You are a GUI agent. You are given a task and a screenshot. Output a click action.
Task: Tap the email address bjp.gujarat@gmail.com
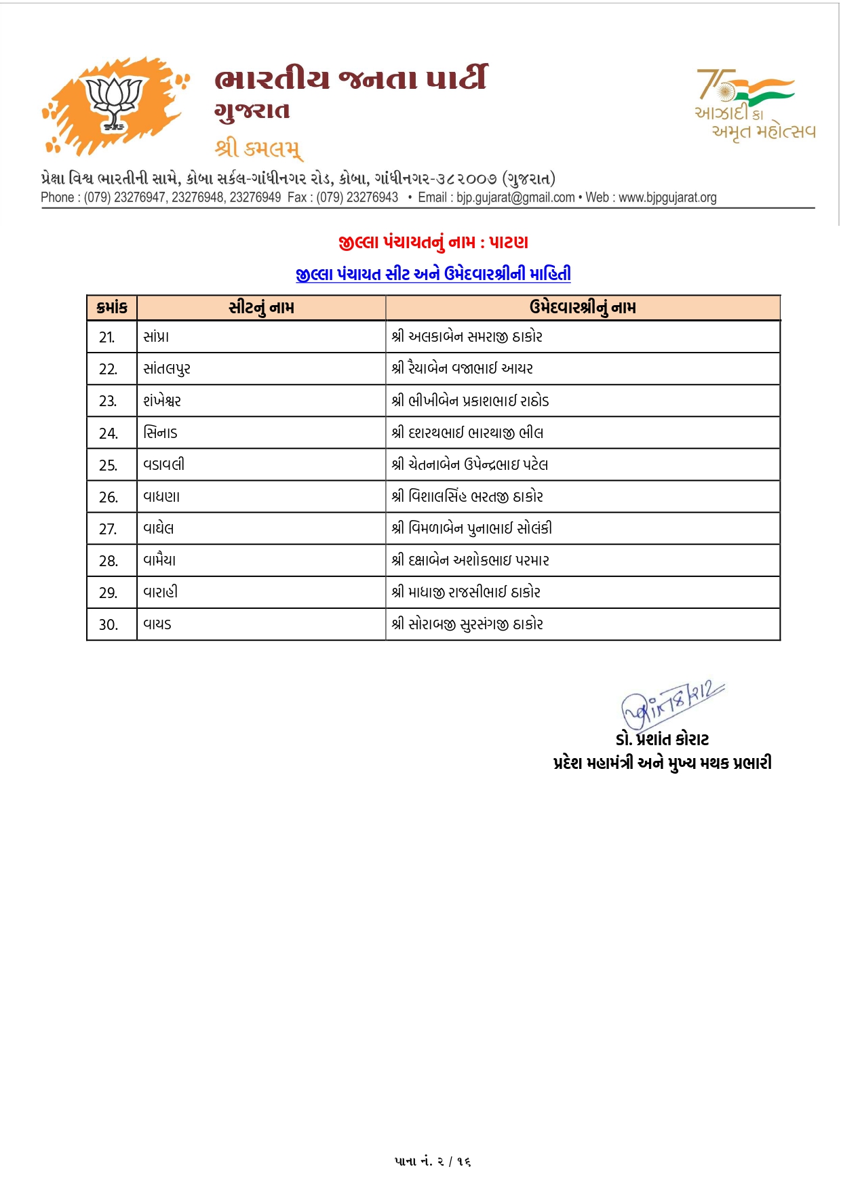tap(515, 197)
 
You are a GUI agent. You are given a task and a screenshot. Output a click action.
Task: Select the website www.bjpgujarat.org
tap(667, 197)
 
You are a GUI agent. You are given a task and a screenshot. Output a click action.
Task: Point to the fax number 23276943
tap(372, 197)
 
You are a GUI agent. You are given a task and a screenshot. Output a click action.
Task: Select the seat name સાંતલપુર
tap(167, 369)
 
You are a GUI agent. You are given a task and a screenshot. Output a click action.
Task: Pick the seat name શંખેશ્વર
tap(162, 401)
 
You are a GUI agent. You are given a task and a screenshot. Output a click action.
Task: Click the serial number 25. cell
tap(108, 465)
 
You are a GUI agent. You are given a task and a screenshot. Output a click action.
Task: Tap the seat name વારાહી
tap(161, 592)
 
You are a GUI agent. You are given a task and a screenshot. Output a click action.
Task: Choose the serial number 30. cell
tap(109, 624)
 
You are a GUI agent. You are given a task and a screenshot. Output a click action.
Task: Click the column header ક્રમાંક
tap(112, 307)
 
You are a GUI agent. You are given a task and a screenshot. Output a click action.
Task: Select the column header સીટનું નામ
tap(261, 307)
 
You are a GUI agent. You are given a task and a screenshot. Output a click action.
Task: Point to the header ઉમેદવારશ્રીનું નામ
tap(583, 307)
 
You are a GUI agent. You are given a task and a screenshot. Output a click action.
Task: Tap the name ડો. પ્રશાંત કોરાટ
tap(662, 739)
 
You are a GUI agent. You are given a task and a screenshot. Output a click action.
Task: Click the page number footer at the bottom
tap(433, 1162)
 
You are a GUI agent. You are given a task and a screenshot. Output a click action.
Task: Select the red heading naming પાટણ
tap(433, 242)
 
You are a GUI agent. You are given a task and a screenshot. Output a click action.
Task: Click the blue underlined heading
tap(433, 274)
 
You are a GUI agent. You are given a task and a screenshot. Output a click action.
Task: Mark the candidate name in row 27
tap(472, 528)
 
